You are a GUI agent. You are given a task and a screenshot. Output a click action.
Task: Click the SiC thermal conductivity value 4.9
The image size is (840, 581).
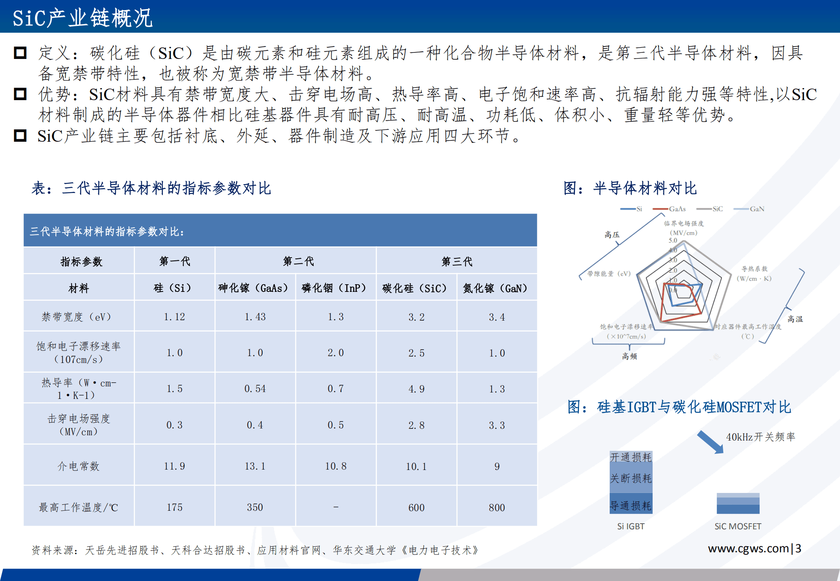(x=416, y=389)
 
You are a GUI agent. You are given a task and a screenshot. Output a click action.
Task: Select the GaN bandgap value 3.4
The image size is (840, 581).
(x=497, y=317)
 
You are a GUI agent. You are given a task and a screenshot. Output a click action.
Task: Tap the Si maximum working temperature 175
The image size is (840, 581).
(x=175, y=507)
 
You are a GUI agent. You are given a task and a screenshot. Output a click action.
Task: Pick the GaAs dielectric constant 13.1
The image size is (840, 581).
(x=255, y=466)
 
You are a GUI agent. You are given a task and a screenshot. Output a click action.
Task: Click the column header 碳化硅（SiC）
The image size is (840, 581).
(x=415, y=288)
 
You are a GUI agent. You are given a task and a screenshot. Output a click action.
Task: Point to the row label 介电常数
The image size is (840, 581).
(x=78, y=466)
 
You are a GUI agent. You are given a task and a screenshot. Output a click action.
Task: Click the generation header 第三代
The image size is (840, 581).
(x=457, y=261)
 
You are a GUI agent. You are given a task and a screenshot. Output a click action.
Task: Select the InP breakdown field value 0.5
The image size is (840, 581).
(x=335, y=425)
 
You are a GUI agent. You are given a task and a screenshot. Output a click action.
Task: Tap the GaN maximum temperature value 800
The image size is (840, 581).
(x=497, y=508)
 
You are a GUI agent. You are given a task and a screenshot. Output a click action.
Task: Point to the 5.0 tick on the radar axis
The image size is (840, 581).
(x=673, y=241)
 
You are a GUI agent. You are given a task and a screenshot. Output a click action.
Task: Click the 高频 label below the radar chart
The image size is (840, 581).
(x=629, y=356)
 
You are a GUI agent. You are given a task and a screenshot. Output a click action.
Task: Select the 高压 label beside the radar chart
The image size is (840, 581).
(x=612, y=235)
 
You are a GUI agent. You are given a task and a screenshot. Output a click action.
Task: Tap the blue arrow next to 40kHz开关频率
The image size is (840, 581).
(x=710, y=442)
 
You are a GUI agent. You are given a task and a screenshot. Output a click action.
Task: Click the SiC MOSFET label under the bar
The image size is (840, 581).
(x=738, y=526)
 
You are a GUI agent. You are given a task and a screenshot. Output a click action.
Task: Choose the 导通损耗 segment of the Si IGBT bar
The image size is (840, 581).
(x=631, y=505)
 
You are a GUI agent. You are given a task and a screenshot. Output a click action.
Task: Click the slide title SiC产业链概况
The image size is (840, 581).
(x=82, y=18)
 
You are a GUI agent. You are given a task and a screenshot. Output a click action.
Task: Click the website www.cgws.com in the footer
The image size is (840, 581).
(x=748, y=548)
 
